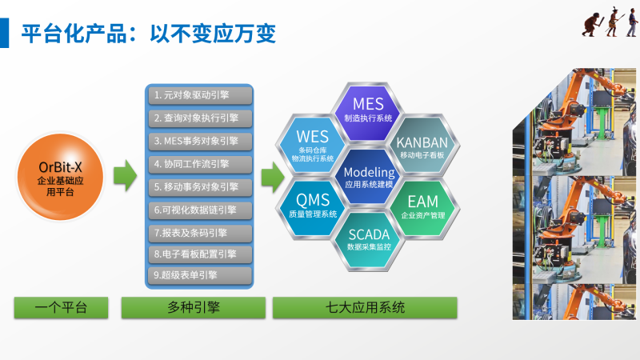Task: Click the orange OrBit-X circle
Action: [62, 178]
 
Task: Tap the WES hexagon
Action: [312, 142]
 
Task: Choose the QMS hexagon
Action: [313, 204]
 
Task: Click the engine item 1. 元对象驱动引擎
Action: [199, 95]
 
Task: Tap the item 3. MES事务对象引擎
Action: [199, 141]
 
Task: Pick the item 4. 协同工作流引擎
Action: [199, 164]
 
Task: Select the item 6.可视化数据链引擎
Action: [199, 210]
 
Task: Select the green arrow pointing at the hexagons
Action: [274, 174]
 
